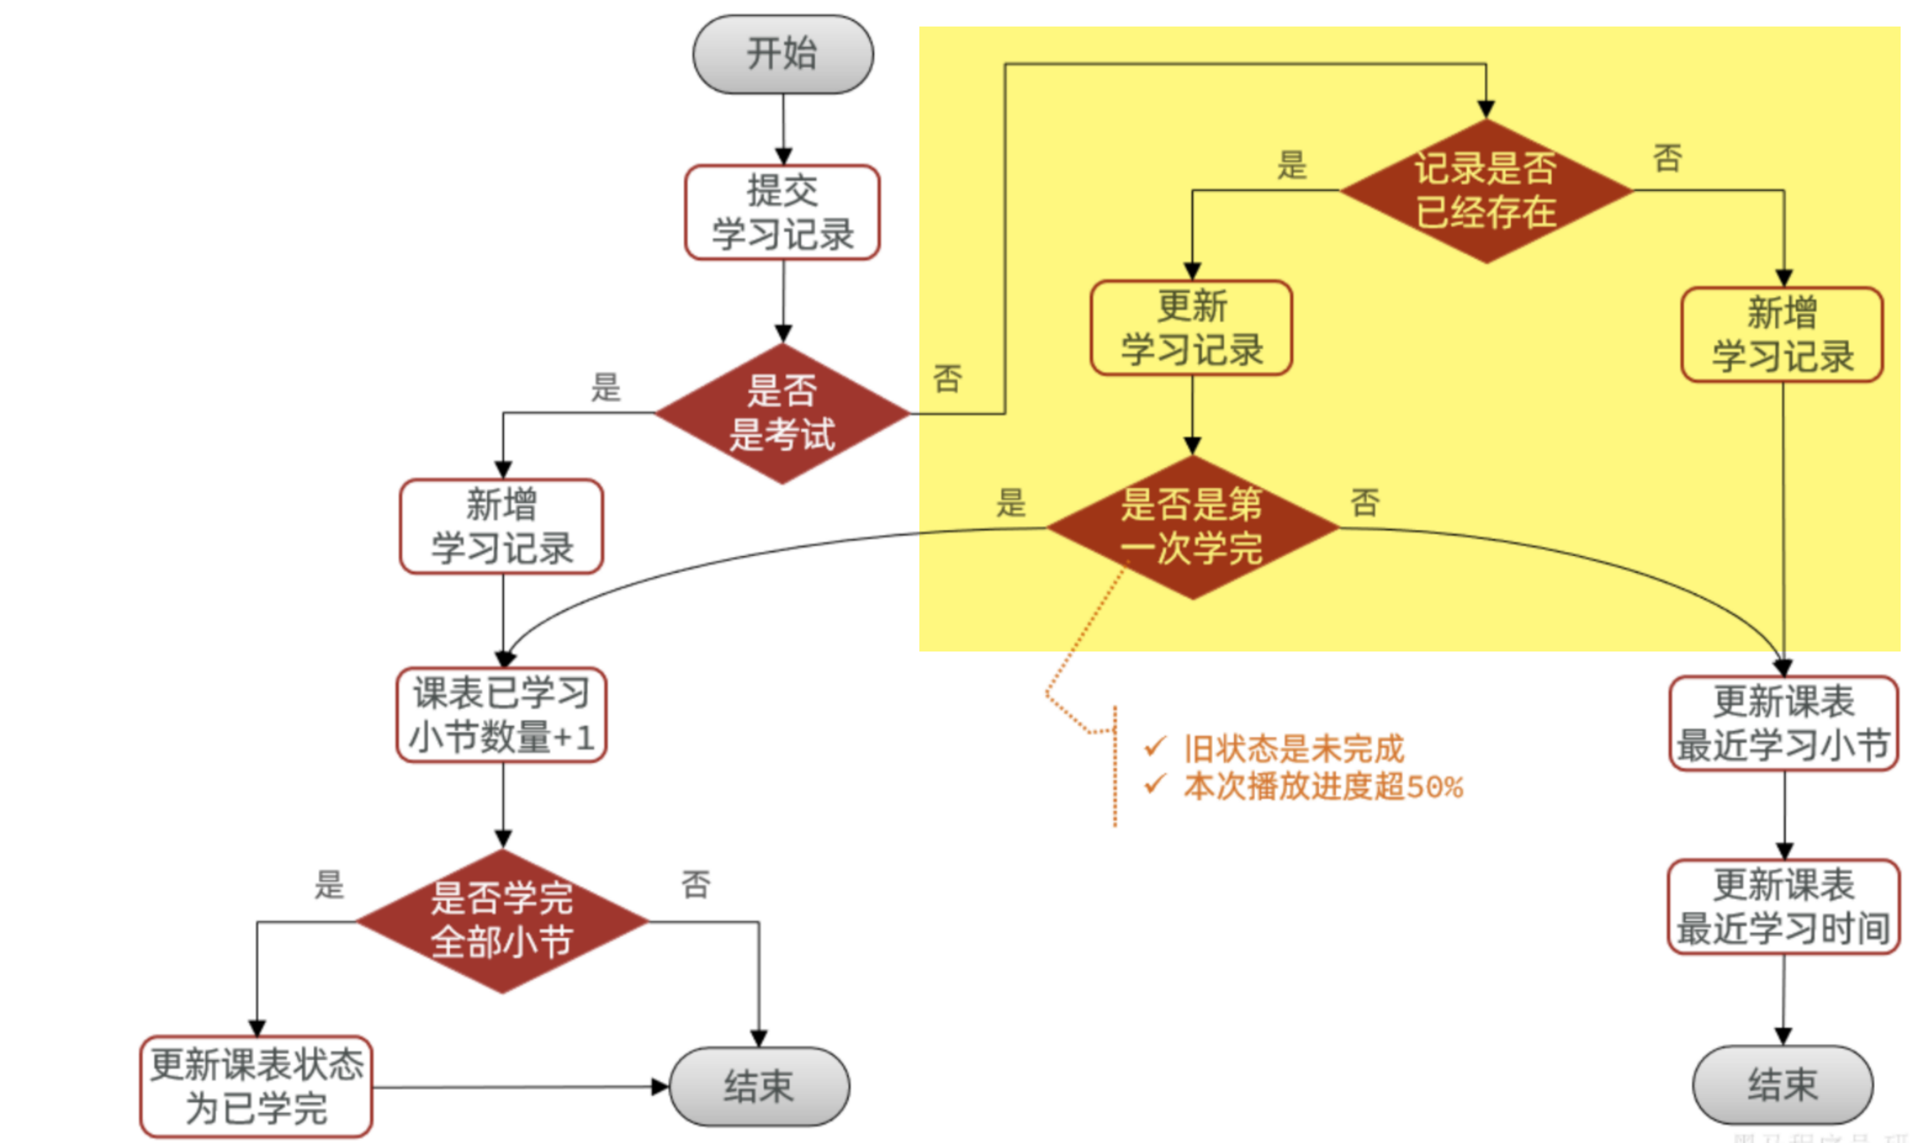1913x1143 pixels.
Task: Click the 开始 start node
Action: [x=782, y=54]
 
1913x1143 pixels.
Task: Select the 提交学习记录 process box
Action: [x=782, y=212]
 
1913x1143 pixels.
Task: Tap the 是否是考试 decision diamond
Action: [x=782, y=413]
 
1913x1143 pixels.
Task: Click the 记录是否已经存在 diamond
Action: [x=1486, y=190]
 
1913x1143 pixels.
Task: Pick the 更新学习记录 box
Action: [x=1192, y=328]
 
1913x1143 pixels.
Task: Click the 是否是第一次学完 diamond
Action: [x=1192, y=527]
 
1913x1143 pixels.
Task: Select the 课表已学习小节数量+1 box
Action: [x=502, y=715]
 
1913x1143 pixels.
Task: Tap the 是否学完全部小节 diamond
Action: [x=502, y=921]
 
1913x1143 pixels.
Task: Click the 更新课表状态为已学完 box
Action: [x=256, y=1086]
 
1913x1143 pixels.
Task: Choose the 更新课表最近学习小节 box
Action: [x=1783, y=723]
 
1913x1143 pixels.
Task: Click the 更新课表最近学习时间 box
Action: [x=1783, y=906]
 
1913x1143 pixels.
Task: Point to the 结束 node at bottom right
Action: [x=1782, y=1085]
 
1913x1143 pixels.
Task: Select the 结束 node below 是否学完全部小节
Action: [x=759, y=1086]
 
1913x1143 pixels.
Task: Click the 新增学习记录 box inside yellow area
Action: [x=1782, y=335]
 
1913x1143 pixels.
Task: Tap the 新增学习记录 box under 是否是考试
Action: [x=502, y=527]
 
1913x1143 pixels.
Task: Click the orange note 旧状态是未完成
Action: [x=1293, y=749]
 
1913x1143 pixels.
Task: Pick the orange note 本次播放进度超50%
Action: [x=1323, y=787]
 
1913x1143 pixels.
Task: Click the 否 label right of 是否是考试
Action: [x=948, y=379]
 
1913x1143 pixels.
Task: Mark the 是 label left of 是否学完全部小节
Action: [x=329, y=885]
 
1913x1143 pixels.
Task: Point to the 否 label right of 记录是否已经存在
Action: [x=1667, y=159]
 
